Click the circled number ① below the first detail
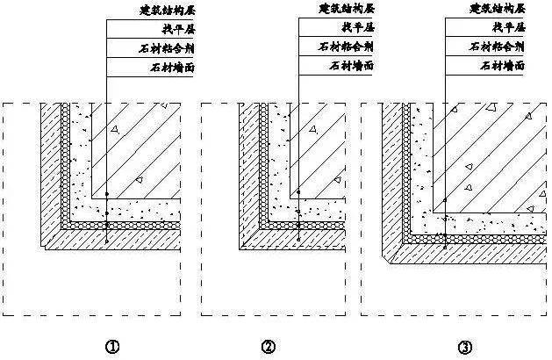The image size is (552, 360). [x=112, y=346]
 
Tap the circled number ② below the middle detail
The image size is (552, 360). [x=268, y=346]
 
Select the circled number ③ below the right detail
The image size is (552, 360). [x=462, y=346]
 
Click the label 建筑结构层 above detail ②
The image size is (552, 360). [x=345, y=9]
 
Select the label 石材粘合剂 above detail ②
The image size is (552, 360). [x=345, y=47]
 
